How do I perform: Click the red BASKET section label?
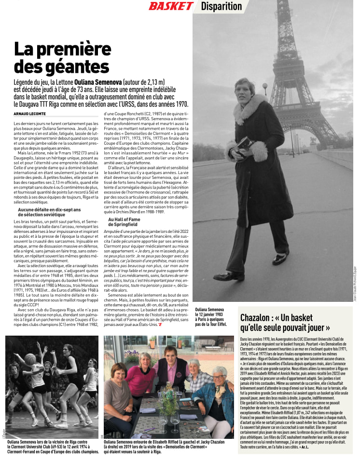pos(170,6)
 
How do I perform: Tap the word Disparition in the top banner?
pos(221,6)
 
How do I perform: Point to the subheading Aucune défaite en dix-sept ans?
pos(49,212)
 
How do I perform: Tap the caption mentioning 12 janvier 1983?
pos(211,317)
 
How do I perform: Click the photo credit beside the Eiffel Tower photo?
pos(355,285)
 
